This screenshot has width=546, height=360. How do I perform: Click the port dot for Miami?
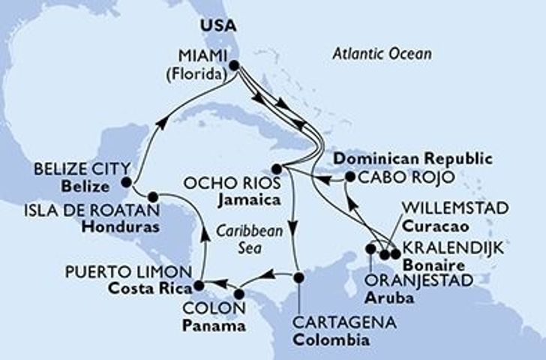tap(234, 66)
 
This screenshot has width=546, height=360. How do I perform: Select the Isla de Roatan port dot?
tap(153, 197)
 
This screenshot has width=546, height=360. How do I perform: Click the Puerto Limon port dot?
tap(199, 286)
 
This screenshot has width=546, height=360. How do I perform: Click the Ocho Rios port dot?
tap(276, 168)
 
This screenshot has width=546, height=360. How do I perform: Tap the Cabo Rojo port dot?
tap(349, 178)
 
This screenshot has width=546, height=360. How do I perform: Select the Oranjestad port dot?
tap(370, 248)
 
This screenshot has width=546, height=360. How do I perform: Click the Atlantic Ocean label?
tap(383, 53)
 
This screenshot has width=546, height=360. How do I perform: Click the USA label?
tap(217, 24)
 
